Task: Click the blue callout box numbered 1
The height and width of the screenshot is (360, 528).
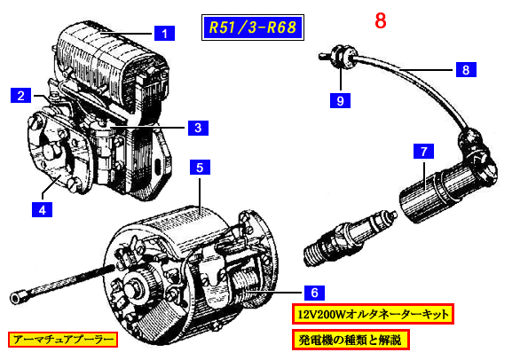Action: (164, 34)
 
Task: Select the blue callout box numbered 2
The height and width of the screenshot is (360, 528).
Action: (21, 95)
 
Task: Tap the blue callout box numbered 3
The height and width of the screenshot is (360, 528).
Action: (198, 128)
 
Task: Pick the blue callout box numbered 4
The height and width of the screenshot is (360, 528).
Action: (42, 209)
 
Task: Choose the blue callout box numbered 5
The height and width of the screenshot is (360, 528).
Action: (200, 168)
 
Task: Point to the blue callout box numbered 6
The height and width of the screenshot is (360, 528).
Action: (314, 293)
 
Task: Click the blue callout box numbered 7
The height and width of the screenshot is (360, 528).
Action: (423, 151)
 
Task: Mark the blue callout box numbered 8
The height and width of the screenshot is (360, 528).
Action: (466, 70)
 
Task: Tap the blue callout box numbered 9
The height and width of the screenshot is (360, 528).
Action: (340, 100)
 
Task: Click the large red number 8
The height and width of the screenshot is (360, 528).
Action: (381, 21)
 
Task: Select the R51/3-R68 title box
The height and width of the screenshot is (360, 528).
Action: (253, 27)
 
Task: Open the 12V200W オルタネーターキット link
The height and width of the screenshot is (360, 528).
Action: (373, 314)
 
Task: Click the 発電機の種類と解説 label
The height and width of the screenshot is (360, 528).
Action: (351, 340)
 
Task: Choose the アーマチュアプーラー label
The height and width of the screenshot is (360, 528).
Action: (63, 340)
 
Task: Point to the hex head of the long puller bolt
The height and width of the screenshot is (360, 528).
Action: (16, 298)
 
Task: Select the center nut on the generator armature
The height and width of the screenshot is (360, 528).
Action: (132, 289)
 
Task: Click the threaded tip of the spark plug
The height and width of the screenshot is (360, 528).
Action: (314, 254)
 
